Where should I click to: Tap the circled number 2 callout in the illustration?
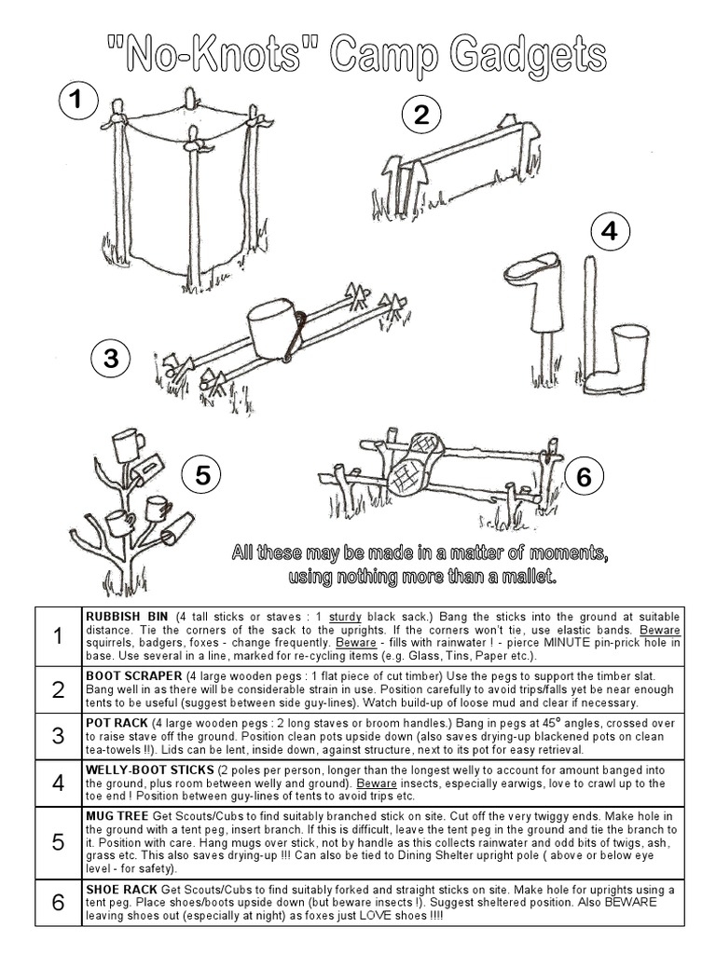(x=420, y=116)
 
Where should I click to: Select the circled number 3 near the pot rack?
(x=112, y=359)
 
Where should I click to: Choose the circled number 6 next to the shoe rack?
(x=584, y=477)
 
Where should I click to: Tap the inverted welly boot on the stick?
(x=532, y=284)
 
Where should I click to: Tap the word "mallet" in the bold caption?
(x=526, y=577)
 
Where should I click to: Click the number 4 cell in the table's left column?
(x=58, y=783)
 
